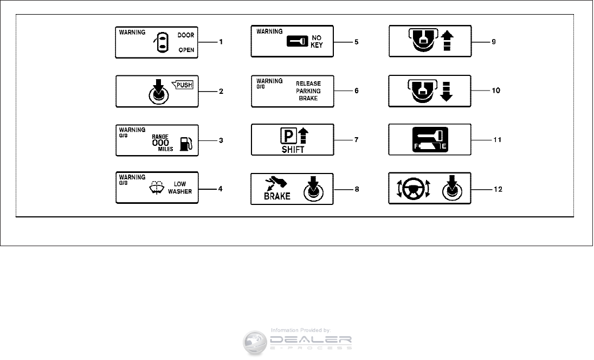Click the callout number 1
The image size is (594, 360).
click(221, 42)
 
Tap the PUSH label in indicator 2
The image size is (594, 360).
click(186, 84)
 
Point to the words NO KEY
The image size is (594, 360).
click(317, 42)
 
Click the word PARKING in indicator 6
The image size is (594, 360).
click(308, 91)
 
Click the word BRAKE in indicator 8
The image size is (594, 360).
click(277, 196)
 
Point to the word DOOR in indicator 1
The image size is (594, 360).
click(186, 35)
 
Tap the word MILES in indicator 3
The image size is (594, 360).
click(166, 149)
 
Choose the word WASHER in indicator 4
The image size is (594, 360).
click(180, 191)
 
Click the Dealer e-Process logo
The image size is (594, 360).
click(298, 341)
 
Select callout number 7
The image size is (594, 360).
click(356, 139)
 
